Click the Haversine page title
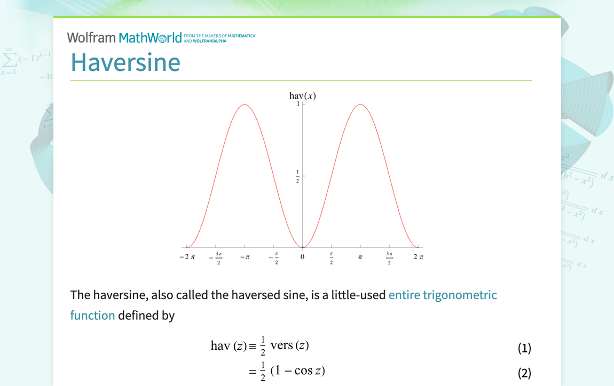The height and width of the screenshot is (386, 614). point(125,62)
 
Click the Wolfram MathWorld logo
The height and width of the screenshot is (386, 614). point(124,37)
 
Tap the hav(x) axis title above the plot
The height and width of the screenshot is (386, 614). point(303,95)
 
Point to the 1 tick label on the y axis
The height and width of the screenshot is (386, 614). point(298,104)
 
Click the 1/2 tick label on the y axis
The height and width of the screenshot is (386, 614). point(298,176)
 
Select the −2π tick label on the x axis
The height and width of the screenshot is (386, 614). point(187,257)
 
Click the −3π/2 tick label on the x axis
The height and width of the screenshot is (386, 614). point(218,258)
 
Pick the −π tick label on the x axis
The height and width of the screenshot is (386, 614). point(245,257)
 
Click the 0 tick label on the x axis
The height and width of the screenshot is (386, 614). point(302,257)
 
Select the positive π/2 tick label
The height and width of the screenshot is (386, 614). point(332,258)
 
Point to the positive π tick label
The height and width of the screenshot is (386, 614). point(360,257)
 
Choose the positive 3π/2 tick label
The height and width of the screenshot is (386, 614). point(389,258)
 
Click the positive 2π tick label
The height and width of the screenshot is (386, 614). point(418,257)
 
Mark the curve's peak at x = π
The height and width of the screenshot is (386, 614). point(360,104)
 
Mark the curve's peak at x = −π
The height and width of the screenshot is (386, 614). point(245,104)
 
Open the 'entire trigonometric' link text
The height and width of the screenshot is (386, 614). point(443,295)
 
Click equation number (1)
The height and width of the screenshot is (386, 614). point(524,349)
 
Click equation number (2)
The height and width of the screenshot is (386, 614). point(524,373)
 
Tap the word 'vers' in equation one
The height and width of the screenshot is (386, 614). point(281,345)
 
